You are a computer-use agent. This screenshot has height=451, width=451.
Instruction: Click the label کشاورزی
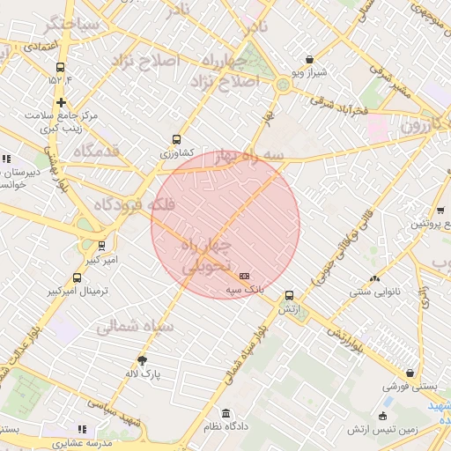[177, 152]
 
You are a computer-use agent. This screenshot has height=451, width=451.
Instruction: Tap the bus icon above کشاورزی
[177, 139]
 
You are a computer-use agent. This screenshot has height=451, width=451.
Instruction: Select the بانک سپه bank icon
[244, 276]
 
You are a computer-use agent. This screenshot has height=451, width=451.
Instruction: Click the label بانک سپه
[244, 288]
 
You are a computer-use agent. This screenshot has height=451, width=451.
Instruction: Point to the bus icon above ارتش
[289, 296]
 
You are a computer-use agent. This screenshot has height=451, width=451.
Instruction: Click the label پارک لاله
[143, 373]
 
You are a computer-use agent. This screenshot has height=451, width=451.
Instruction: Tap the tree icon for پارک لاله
[143, 360]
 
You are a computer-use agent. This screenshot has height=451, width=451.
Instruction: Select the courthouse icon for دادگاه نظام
[226, 414]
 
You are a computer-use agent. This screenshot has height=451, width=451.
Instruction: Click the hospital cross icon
[60, 102]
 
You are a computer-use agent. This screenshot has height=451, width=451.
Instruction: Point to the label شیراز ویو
[308, 72]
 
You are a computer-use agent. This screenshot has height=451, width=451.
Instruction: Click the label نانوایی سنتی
[375, 291]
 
